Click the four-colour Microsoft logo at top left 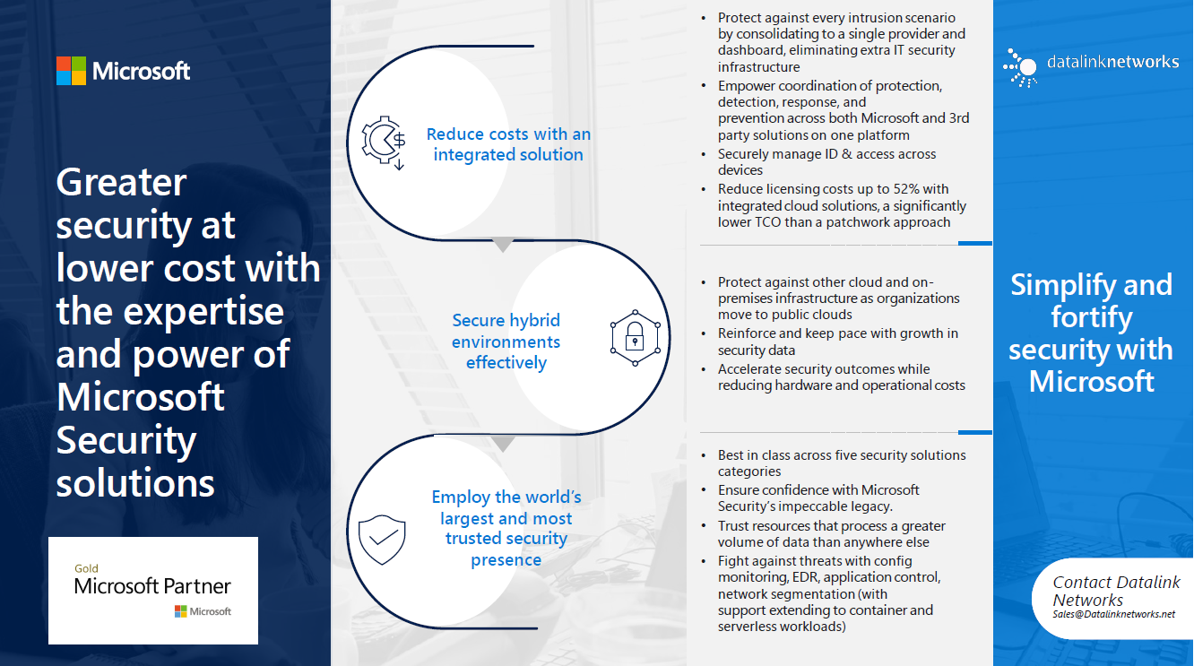point(71,71)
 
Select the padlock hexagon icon point(635,338)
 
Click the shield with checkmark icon point(382,540)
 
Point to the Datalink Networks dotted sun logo point(1020,68)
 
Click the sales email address point(1113,614)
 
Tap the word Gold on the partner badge point(86,568)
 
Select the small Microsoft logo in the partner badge point(203,611)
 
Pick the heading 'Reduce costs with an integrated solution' point(508,144)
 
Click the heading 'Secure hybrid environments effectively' point(506,342)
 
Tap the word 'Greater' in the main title point(121,182)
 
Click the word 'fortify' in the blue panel point(1091,318)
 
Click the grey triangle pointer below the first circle point(503,245)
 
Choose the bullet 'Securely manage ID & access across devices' point(826,162)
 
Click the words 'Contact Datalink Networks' point(1116,591)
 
